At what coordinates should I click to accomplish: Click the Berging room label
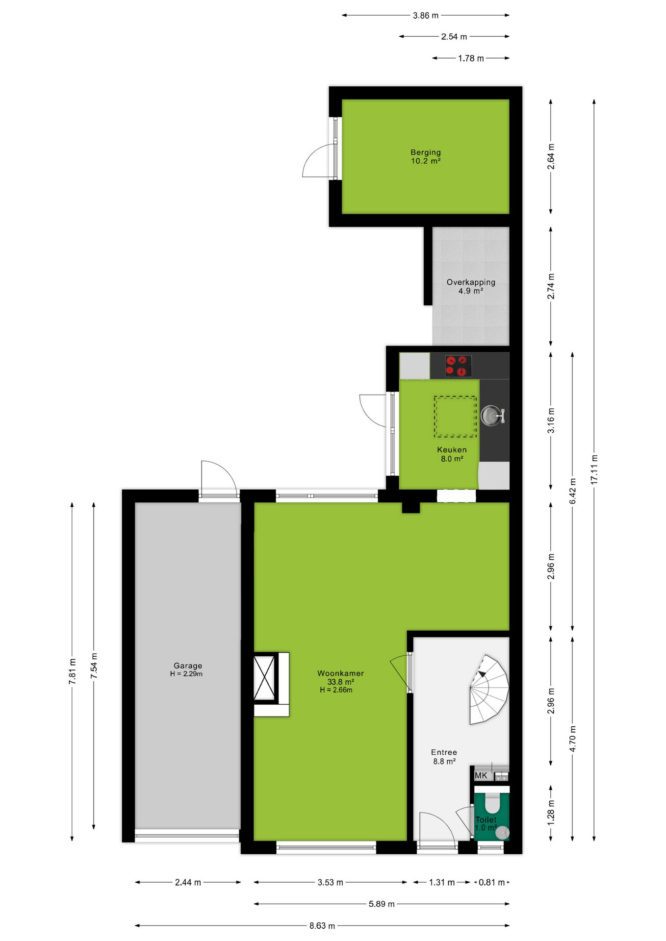[426, 156]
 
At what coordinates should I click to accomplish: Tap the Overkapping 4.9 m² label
[471, 286]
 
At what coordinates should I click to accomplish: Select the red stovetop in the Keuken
[459, 366]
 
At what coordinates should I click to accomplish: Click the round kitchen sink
[491, 416]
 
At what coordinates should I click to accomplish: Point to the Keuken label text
[452, 449]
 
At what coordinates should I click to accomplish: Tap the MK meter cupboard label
[481, 775]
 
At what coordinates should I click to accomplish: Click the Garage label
[187, 666]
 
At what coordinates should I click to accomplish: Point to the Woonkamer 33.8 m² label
[340, 677]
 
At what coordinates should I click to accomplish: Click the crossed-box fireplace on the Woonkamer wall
[264, 678]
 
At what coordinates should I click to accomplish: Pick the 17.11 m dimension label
[594, 470]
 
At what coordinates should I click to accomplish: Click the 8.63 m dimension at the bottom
[322, 926]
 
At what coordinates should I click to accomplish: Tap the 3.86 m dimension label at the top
[426, 15]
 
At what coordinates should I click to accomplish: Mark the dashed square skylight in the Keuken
[455, 417]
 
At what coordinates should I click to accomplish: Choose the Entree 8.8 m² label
[444, 757]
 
